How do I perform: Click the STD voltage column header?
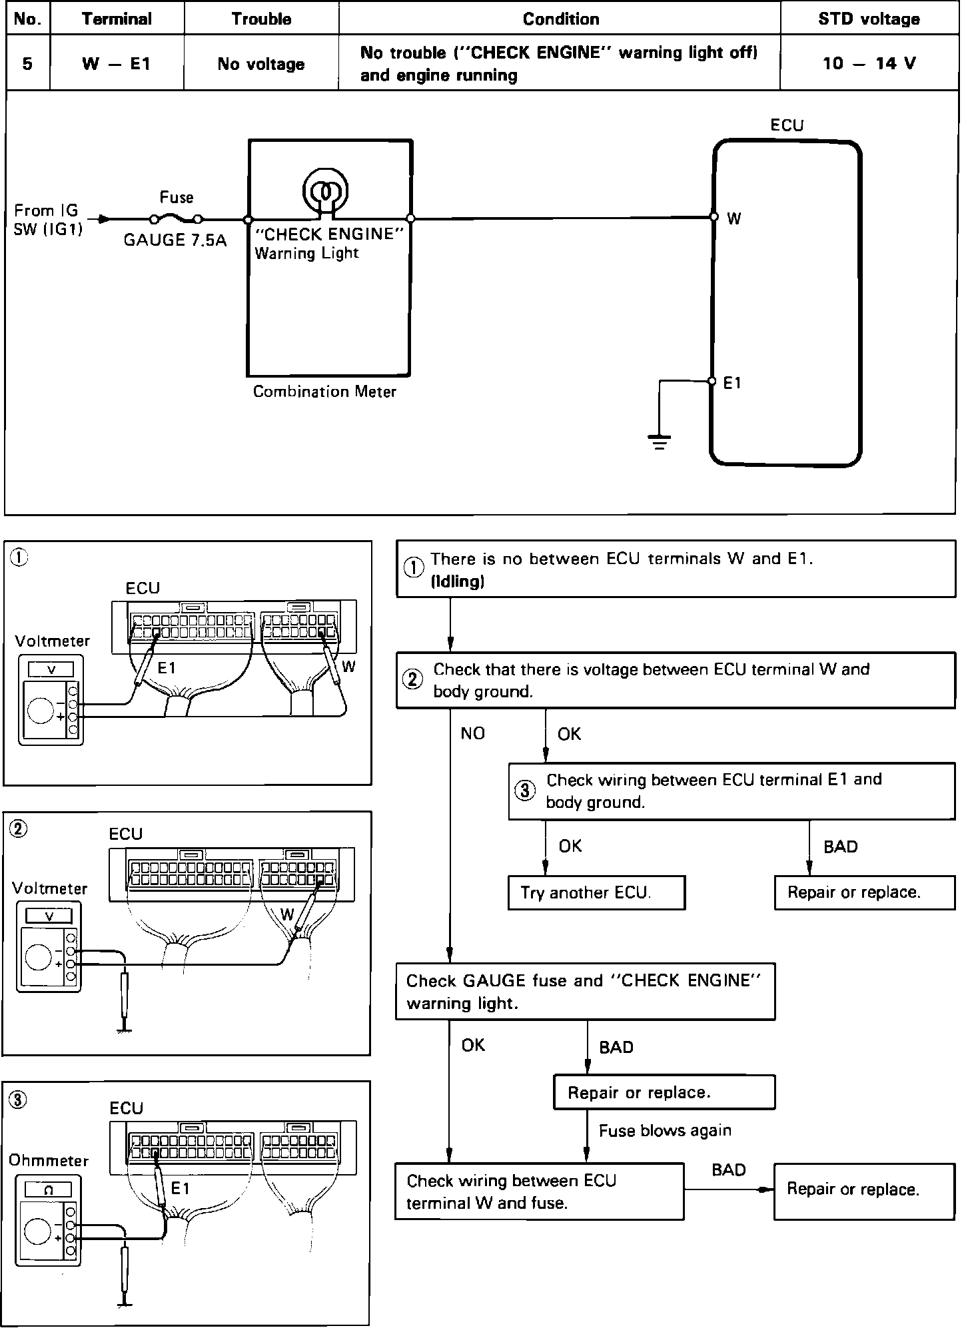point(869,19)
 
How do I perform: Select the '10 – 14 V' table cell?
point(869,63)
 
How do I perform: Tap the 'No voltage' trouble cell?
point(261,64)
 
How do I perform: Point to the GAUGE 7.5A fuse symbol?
point(176,218)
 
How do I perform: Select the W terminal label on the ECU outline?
point(733,218)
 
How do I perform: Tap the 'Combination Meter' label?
point(324,392)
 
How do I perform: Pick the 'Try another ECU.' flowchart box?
point(596,892)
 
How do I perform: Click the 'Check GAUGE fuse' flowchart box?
point(585,991)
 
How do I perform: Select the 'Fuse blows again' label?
point(665,1130)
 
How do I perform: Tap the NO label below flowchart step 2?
point(472,733)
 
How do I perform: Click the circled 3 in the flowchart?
point(525,791)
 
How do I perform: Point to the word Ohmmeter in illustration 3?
point(49,1160)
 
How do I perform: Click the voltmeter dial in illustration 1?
point(41,711)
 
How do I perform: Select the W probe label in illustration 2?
point(286,914)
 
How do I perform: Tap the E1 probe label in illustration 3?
point(181,1188)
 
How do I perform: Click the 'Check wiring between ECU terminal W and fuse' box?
point(539,1191)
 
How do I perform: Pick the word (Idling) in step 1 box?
point(457,581)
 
